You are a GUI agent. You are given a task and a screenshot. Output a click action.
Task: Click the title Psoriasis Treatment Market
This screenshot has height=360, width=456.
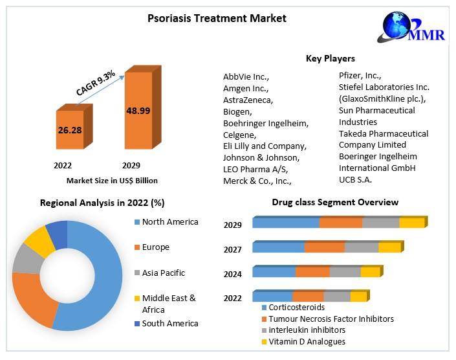(217, 18)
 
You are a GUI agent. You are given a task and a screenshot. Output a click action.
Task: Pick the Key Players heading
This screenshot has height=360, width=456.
(330, 59)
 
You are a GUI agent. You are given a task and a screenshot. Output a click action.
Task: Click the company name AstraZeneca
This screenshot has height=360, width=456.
(248, 100)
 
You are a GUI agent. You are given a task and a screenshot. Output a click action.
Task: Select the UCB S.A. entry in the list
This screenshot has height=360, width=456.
(355, 179)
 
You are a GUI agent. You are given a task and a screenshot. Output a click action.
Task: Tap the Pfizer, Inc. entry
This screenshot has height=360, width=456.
(360, 75)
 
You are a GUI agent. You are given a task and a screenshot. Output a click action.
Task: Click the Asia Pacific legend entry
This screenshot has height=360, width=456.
(163, 273)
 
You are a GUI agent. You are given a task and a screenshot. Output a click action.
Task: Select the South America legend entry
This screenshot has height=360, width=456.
(169, 323)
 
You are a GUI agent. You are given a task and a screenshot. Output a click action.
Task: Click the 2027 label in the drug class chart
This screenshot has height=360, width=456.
(233, 250)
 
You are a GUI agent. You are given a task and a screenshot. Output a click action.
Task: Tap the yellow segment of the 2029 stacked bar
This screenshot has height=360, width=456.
(411, 223)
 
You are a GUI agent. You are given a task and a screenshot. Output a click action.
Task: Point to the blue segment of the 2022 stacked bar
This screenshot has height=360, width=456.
(272, 297)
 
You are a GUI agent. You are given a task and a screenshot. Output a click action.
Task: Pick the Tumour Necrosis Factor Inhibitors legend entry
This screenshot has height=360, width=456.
(331, 319)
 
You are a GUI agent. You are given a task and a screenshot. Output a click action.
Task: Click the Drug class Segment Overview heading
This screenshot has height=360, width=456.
(334, 203)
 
